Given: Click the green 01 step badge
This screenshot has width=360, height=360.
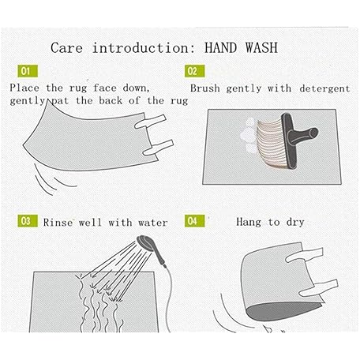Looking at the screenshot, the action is click(28, 71).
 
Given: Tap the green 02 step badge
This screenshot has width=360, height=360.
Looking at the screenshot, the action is click(194, 71).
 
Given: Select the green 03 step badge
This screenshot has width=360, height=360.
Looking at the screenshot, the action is click(28, 221).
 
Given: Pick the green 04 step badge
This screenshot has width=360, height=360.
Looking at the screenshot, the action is click(194, 221).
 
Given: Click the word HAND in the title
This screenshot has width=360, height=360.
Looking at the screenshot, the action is click(221, 48).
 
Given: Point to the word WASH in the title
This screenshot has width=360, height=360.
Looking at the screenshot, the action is click(261, 48).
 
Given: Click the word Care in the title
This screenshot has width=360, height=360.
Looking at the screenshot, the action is click(67, 48).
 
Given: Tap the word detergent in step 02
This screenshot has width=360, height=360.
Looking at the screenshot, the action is click(324, 88).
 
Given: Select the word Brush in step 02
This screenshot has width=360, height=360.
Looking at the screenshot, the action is click(205, 88).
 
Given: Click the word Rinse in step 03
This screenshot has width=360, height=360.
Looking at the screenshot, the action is click(58, 223).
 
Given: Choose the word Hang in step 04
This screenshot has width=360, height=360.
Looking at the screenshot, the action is click(249, 222).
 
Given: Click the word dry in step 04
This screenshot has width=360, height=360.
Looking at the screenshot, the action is click(295, 223).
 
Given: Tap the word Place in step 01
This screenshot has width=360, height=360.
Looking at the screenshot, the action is click(24, 88).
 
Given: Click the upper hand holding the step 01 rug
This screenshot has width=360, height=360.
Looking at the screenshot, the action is click(150, 121).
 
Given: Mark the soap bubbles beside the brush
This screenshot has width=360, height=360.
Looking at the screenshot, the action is click(249, 137).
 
